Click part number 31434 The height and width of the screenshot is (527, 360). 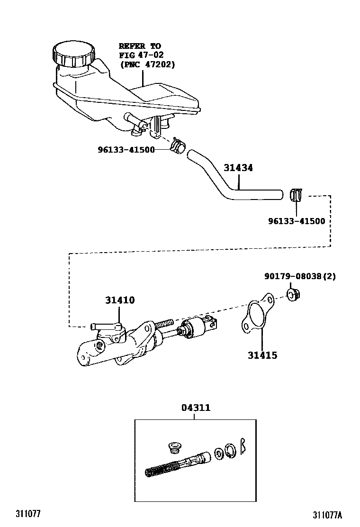click(x=238, y=168)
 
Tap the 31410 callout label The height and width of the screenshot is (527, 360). click(x=120, y=300)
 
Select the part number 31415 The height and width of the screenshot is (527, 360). click(x=262, y=355)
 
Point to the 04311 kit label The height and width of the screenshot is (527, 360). click(x=195, y=408)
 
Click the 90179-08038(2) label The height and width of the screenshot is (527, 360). click(x=300, y=276)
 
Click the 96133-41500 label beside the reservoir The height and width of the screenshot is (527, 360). click(x=126, y=149)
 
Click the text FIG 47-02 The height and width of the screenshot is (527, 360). click(x=141, y=55)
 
